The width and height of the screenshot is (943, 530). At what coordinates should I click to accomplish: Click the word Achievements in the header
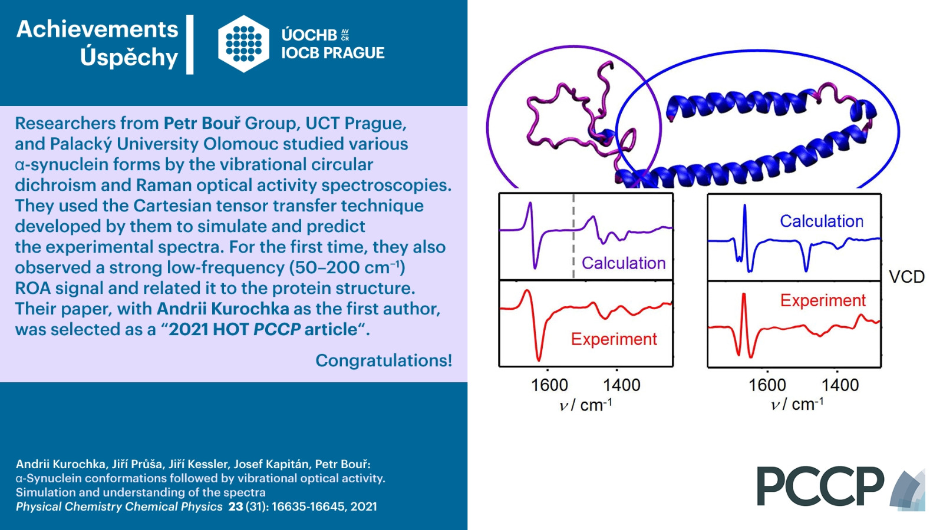(97, 29)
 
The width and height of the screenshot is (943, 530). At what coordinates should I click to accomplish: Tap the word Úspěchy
(129, 58)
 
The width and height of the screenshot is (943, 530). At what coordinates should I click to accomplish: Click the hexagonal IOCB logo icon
(244, 44)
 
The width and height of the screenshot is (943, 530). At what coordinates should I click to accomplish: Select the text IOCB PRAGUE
(332, 53)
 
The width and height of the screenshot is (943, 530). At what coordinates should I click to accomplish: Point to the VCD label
(907, 277)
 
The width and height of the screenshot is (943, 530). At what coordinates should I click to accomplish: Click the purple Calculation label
(624, 263)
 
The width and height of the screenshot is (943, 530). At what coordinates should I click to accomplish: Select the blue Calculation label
(822, 221)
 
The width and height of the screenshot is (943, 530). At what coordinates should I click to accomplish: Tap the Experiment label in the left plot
(614, 339)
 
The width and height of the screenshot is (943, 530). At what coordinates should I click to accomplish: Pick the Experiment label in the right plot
(823, 300)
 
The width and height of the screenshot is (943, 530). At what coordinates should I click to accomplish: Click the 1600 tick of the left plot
(549, 385)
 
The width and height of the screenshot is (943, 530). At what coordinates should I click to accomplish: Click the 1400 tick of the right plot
(840, 385)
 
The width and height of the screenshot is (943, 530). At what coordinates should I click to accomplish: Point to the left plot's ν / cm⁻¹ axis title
(585, 405)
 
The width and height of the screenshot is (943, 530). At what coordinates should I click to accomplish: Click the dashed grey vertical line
(573, 236)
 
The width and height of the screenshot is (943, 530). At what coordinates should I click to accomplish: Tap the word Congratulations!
(384, 360)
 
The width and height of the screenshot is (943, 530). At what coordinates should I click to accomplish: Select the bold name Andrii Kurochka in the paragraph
(223, 309)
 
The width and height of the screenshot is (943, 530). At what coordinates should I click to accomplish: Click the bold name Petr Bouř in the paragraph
(202, 123)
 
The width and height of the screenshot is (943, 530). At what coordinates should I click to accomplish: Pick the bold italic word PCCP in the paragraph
(277, 329)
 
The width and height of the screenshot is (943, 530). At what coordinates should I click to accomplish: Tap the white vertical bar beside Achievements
(190, 45)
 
